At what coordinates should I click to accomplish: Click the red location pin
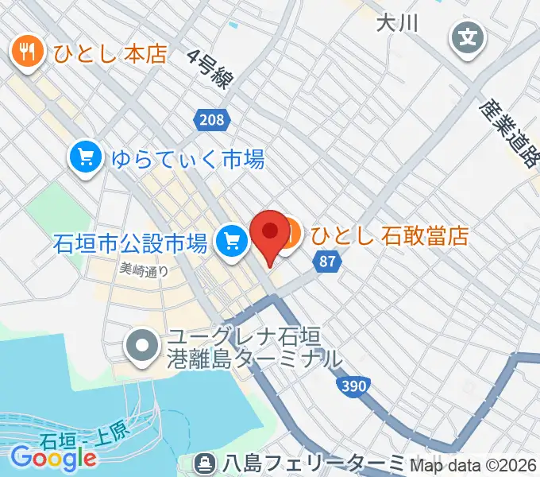[x=269, y=234]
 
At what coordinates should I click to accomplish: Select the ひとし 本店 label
[x=110, y=54]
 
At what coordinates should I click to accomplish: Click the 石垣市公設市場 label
[x=130, y=241]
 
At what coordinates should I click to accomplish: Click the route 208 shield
[x=211, y=120]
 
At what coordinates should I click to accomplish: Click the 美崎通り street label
[x=144, y=269]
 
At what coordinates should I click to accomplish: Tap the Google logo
[x=53, y=457]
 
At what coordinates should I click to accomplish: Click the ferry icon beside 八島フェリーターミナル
[x=205, y=462]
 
